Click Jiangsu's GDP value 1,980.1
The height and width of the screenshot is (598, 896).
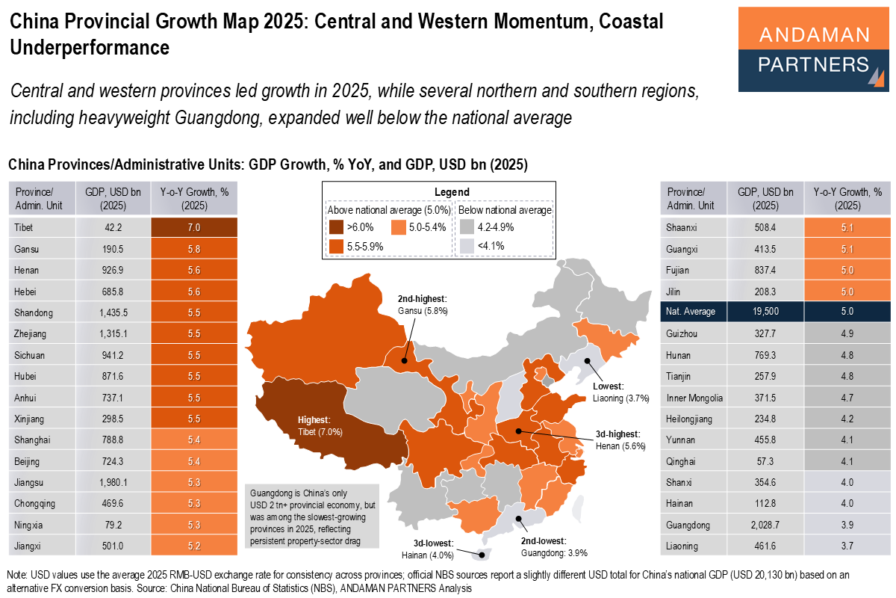pos(113,482)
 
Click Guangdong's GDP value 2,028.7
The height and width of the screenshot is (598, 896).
pos(765,525)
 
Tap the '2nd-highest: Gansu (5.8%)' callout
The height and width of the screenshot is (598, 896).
pos(417,304)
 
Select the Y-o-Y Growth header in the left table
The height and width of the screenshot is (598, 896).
pos(194,198)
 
